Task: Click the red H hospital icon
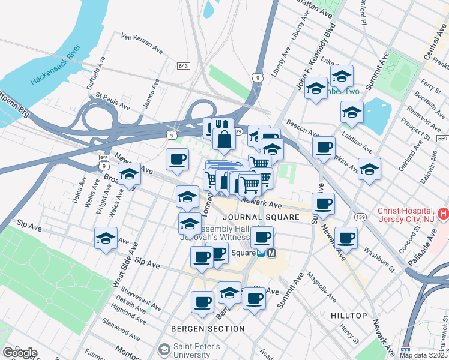coord(443,213)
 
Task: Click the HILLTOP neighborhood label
coord(348,315)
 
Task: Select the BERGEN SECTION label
coord(208,329)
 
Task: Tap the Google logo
coord(20,353)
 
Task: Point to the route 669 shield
coord(442,139)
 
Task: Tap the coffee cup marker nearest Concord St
coord(346,238)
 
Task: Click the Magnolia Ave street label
coord(321,287)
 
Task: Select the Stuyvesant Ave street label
coord(137,301)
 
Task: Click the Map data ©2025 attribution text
coord(423,355)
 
